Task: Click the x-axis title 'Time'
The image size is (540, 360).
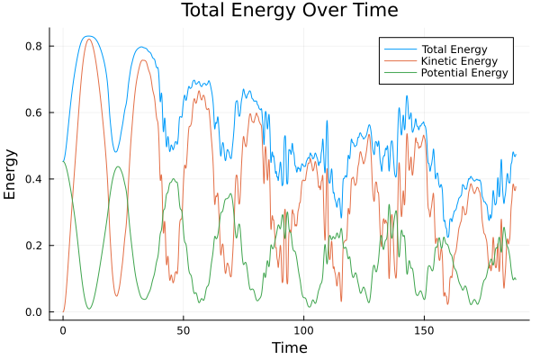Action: pos(290,347)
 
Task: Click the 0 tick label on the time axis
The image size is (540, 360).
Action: pos(63,330)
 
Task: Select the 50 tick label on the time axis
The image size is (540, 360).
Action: pos(183,330)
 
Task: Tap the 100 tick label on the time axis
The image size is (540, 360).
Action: pos(303,330)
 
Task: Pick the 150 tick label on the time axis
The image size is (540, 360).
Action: pos(424,330)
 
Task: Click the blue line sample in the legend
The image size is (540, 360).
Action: pos(397,47)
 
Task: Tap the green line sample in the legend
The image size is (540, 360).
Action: pos(397,73)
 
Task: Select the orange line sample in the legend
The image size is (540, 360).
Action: pos(397,59)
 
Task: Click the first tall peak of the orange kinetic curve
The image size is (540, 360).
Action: pos(88,39)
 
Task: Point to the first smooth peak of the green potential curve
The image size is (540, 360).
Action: pos(118,166)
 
